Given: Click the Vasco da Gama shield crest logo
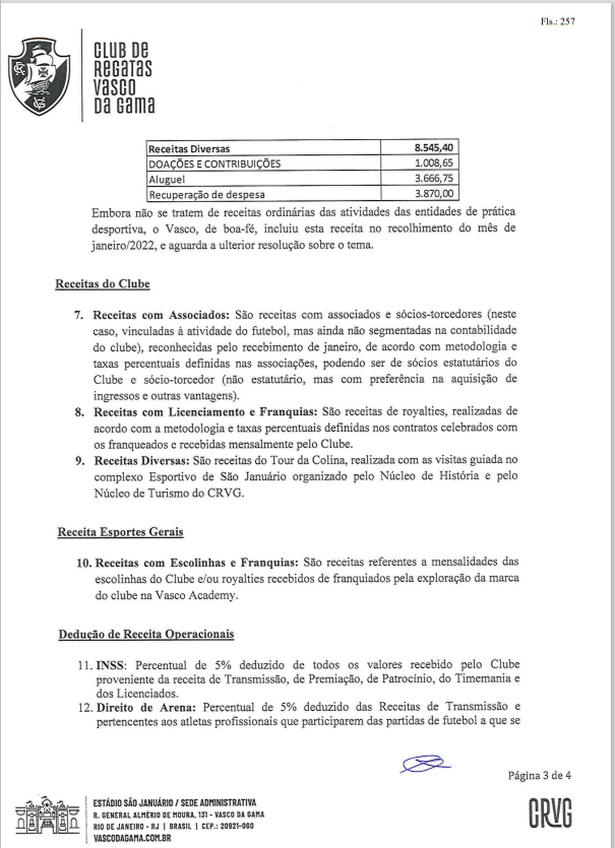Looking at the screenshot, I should (x=39, y=76).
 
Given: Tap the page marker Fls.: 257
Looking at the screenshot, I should (x=558, y=22).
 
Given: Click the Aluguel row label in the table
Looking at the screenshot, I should (x=167, y=179).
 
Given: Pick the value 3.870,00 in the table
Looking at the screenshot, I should (x=434, y=194).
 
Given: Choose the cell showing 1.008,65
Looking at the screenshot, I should (x=434, y=163).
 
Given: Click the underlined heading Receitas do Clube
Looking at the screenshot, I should (x=103, y=284).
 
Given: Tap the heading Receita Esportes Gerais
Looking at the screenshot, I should (x=121, y=532).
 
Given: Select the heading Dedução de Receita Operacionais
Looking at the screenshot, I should (x=146, y=634).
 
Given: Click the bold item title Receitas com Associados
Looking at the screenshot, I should (x=161, y=315).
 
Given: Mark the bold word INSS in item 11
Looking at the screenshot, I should (x=111, y=665).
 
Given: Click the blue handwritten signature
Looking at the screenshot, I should (x=425, y=764).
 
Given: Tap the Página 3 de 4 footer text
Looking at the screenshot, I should (x=539, y=775).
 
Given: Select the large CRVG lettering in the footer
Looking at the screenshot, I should (x=550, y=813).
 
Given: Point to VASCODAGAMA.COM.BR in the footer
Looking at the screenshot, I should (x=132, y=838).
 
